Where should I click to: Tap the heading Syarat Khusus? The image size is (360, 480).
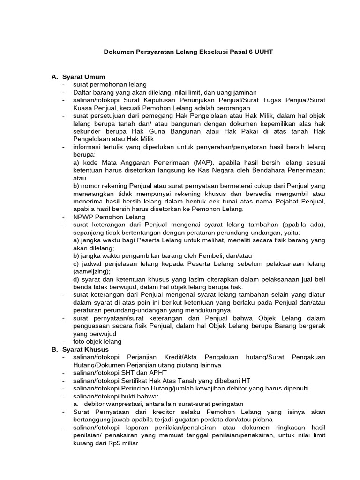click(85, 349)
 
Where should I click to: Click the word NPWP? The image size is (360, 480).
click(82, 217)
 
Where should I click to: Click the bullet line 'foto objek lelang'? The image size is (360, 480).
click(97, 342)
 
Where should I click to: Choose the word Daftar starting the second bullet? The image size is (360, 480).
click(82, 92)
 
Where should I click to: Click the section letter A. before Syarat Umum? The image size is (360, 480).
click(54, 76)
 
